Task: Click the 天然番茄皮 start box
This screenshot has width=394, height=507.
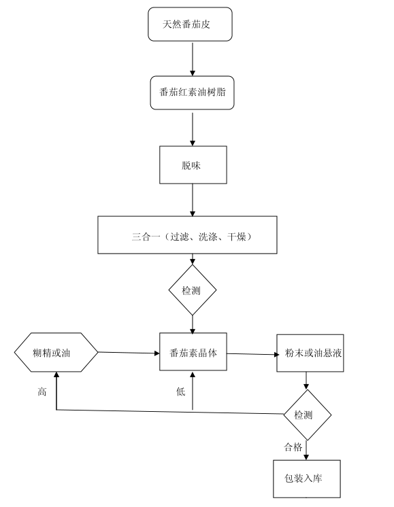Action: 190,24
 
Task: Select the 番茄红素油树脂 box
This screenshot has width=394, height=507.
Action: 192,93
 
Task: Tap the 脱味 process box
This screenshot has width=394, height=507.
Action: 193,165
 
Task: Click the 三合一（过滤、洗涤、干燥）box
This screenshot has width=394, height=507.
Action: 187,234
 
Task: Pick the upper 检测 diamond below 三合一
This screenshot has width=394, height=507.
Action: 193,290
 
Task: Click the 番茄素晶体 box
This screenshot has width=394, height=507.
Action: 193,352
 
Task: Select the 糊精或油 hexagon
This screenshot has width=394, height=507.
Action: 56,352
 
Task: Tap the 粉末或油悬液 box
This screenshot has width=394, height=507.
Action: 310,353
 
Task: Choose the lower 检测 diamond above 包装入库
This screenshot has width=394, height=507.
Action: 307,415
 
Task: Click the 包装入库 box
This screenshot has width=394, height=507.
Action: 307,479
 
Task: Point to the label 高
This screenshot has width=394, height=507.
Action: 42,392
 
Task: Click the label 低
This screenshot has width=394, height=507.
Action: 180,391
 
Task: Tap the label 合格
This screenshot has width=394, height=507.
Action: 293,447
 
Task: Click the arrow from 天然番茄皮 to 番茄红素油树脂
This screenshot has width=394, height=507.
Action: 193,59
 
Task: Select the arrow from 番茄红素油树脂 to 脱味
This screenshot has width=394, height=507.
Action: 193,128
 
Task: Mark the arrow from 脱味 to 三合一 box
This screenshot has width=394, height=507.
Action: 193,200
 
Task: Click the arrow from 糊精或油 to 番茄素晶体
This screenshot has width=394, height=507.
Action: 129,353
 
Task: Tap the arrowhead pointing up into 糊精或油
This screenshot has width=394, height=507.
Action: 56,374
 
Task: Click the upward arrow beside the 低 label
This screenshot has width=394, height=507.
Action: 193,391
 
